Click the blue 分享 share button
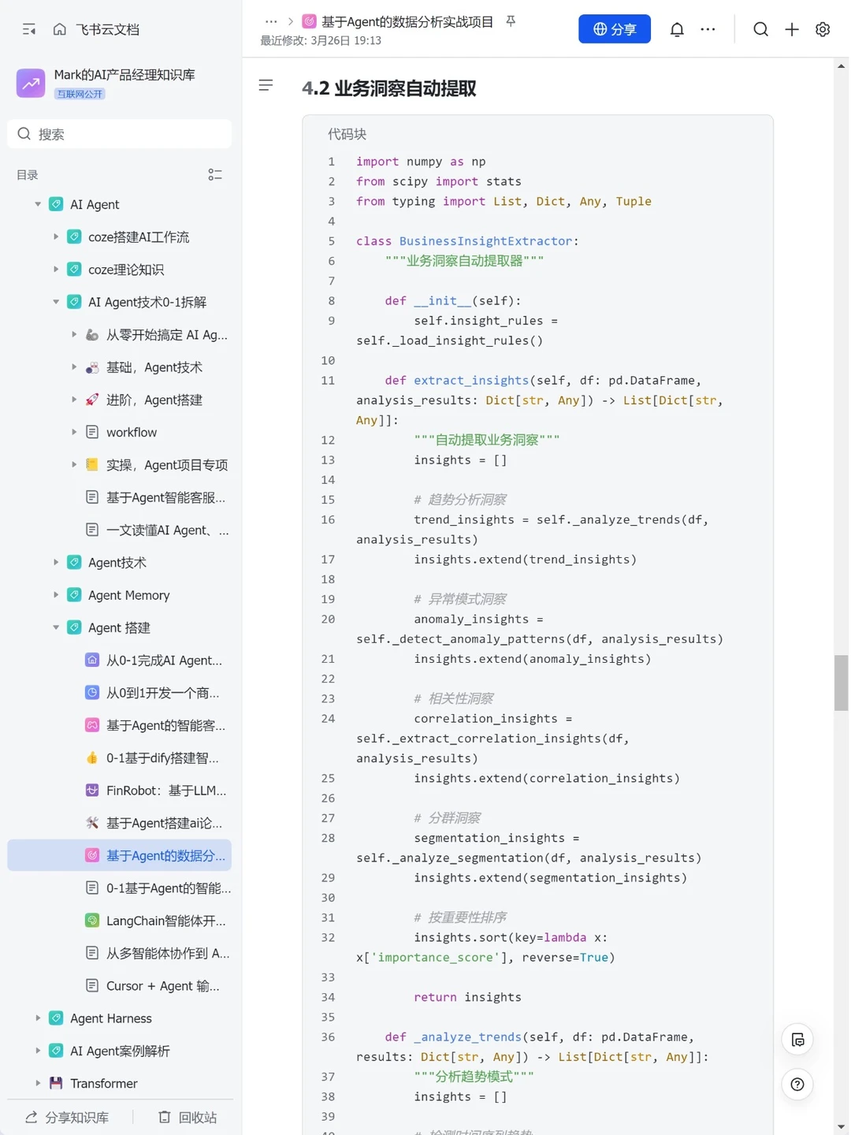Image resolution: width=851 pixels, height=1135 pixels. (x=614, y=29)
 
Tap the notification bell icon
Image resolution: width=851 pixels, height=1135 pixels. (x=676, y=29)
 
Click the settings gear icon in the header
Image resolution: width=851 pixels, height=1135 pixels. (x=822, y=29)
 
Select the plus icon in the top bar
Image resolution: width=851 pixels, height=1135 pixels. (x=791, y=29)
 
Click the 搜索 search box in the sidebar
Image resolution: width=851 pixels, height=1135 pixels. (x=119, y=134)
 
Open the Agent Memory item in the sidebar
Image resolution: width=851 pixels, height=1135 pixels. (x=128, y=595)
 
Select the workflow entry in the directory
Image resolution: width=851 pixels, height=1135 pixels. (x=132, y=432)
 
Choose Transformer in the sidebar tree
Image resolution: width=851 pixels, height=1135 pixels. (x=104, y=1083)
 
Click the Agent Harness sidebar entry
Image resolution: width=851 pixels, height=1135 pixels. (x=111, y=1018)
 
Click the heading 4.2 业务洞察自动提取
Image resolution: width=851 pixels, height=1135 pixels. (x=388, y=88)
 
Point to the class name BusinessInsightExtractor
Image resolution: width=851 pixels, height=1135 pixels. (x=485, y=241)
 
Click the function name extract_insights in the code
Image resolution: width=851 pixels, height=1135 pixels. (x=471, y=381)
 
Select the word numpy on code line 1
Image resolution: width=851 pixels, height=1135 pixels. (x=424, y=162)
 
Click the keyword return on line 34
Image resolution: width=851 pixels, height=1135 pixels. (x=435, y=997)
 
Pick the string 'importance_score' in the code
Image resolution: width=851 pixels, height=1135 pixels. (x=435, y=957)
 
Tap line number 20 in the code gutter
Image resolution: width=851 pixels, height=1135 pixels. (x=328, y=619)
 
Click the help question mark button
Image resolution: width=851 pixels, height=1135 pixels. (x=797, y=1084)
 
